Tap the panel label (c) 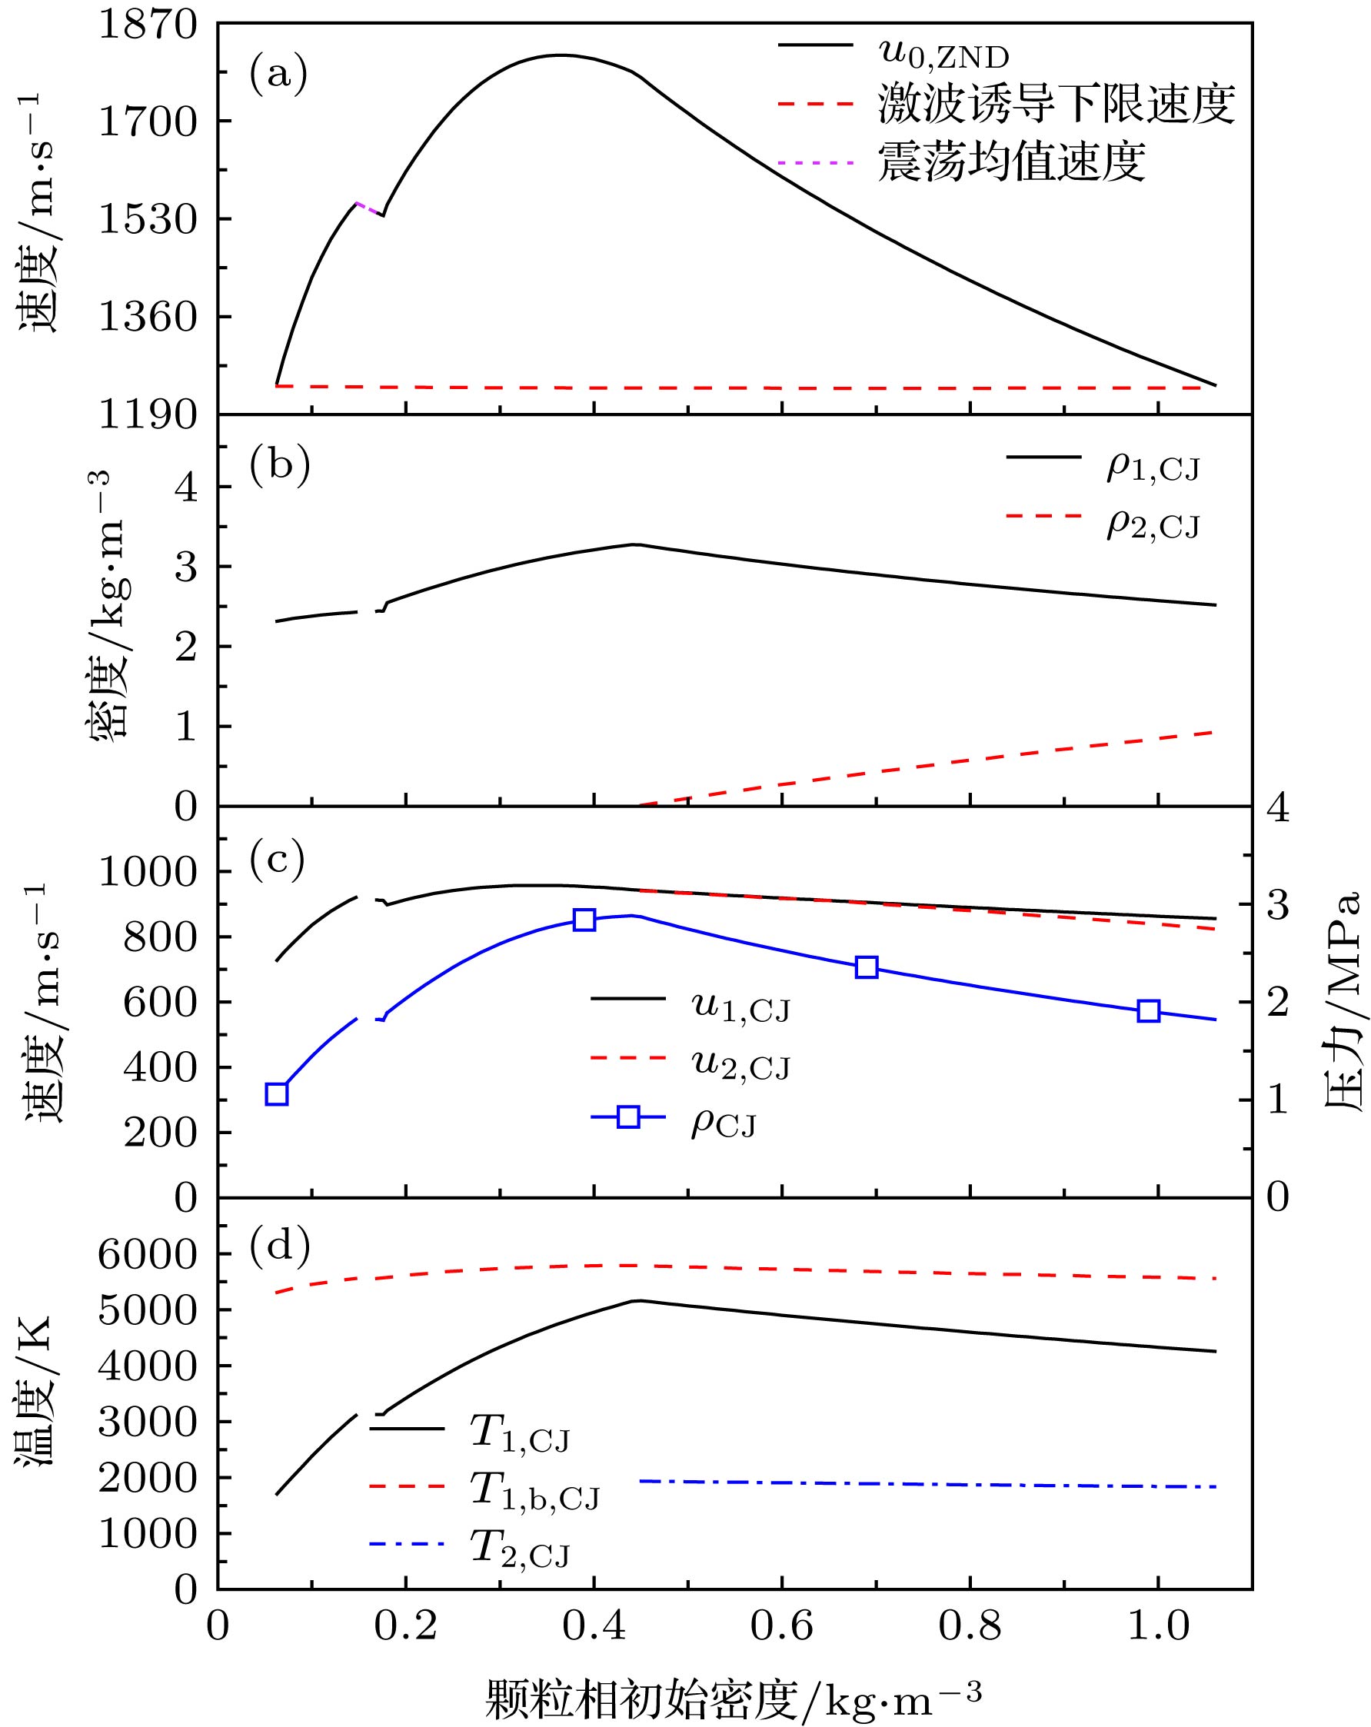coord(278,859)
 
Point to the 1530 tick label coord(148,219)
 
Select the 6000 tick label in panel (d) coord(148,1254)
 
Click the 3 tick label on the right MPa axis coord(1278,905)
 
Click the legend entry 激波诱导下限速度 coord(1057,104)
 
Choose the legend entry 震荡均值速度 coord(1011,161)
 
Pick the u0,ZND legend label coord(943,54)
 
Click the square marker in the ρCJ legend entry coord(629,1116)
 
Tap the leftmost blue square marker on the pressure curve coord(277,1094)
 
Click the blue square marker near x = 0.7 coord(867,967)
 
